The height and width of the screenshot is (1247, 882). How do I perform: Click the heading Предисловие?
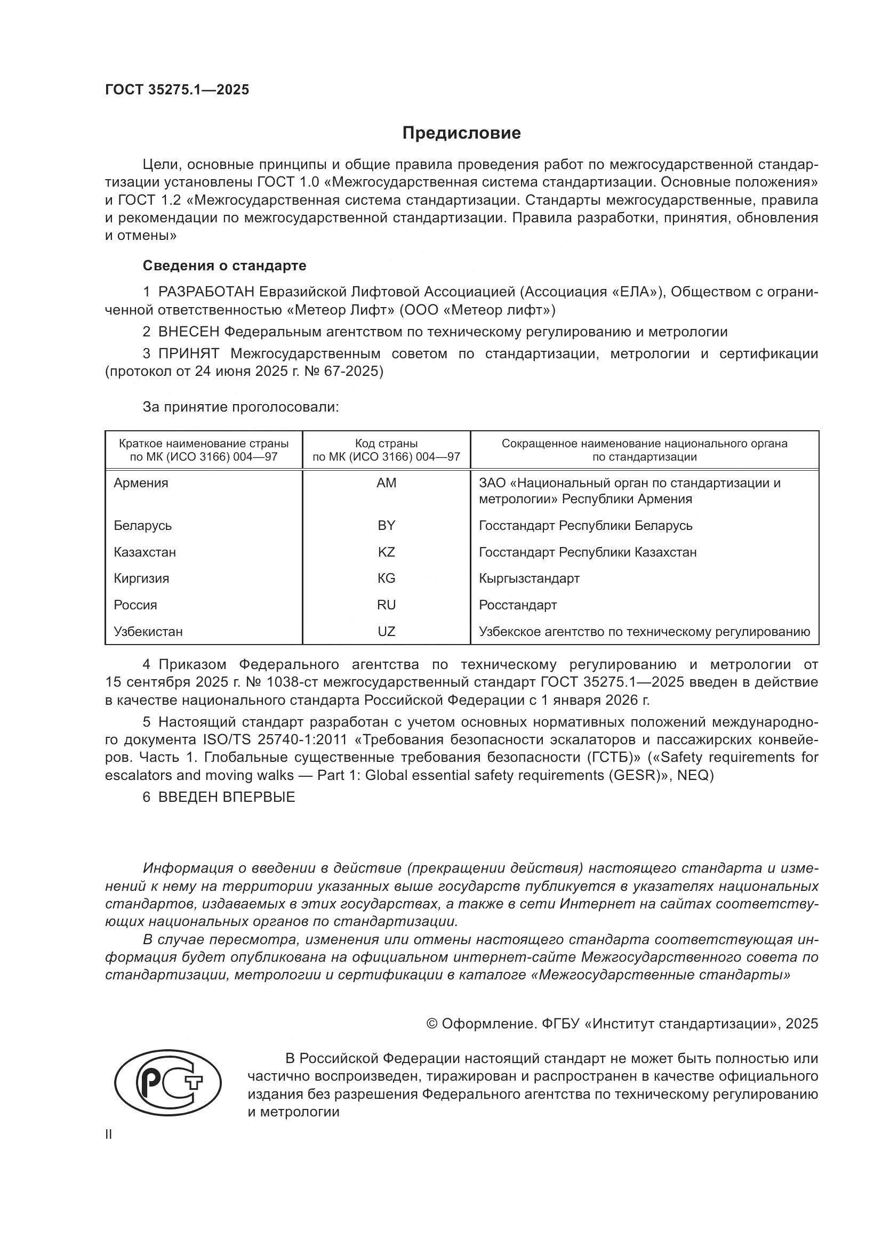click(x=461, y=133)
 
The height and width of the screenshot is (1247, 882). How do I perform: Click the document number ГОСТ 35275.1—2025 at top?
click(x=177, y=90)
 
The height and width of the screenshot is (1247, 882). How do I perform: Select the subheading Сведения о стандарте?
click(x=224, y=266)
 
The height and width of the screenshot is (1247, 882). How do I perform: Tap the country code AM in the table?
click(x=386, y=483)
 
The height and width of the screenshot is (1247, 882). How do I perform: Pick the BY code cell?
click(x=386, y=525)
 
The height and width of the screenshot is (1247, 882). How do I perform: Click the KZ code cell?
click(x=386, y=552)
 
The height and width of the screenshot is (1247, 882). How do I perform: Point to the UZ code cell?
click(x=386, y=632)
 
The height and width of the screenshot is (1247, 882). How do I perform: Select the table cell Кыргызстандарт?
click(x=529, y=578)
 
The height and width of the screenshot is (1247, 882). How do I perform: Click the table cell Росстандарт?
click(x=518, y=605)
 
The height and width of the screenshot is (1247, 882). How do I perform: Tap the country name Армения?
click(x=141, y=483)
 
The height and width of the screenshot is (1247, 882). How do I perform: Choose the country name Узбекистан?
click(x=148, y=632)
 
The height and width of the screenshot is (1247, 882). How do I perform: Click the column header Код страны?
click(x=386, y=444)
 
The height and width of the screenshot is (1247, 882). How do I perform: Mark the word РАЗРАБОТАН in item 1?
click(x=206, y=292)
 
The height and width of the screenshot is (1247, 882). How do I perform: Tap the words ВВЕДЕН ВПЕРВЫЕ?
click(x=227, y=797)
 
